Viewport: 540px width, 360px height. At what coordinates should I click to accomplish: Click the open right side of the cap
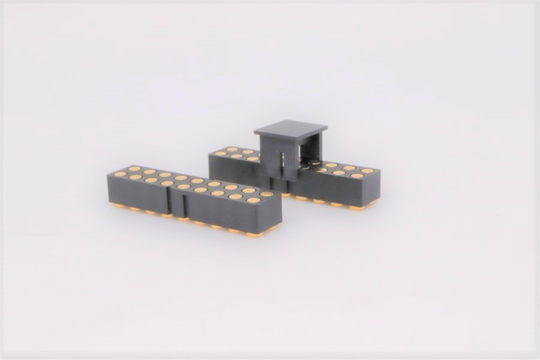[311, 153]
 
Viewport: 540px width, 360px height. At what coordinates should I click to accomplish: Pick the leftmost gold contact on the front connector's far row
[134, 169]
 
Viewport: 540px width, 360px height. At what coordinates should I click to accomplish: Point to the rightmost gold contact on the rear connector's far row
[367, 171]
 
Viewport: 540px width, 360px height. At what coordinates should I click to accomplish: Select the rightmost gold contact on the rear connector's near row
[356, 176]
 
